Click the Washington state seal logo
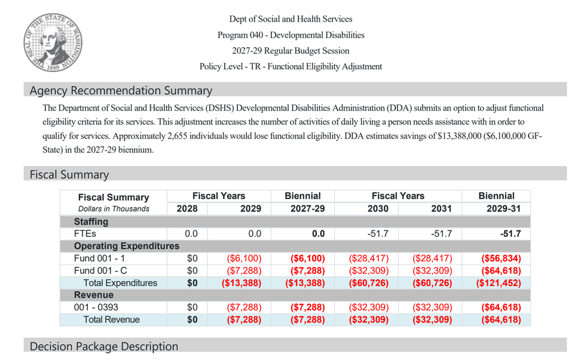pyautogui.click(x=53, y=42)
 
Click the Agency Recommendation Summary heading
pyautogui.click(x=121, y=91)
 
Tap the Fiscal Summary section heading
pyautogui.click(x=69, y=175)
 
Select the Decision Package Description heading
pyautogui.click(x=103, y=346)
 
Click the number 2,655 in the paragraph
pyautogui.click(x=177, y=136)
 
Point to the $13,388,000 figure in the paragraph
pyautogui.click(x=459, y=136)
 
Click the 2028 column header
pyautogui.click(x=187, y=209)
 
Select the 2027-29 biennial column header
pyautogui.click(x=307, y=209)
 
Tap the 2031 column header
pyautogui.click(x=441, y=209)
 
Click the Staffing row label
pyautogui.click(x=91, y=222)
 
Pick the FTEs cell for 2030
pyautogui.click(x=378, y=234)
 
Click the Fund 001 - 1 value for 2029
pyautogui.click(x=244, y=258)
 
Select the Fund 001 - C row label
pyautogui.click(x=100, y=270)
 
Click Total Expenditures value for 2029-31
pyautogui.click(x=499, y=283)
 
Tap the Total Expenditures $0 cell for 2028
pyautogui.click(x=192, y=283)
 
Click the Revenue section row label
pyautogui.click(x=94, y=295)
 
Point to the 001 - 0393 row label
pyautogui.click(x=96, y=307)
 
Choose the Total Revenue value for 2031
pyautogui.click(x=432, y=319)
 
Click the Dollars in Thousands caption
pyautogui.click(x=114, y=209)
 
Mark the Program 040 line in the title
pyautogui.click(x=291, y=35)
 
